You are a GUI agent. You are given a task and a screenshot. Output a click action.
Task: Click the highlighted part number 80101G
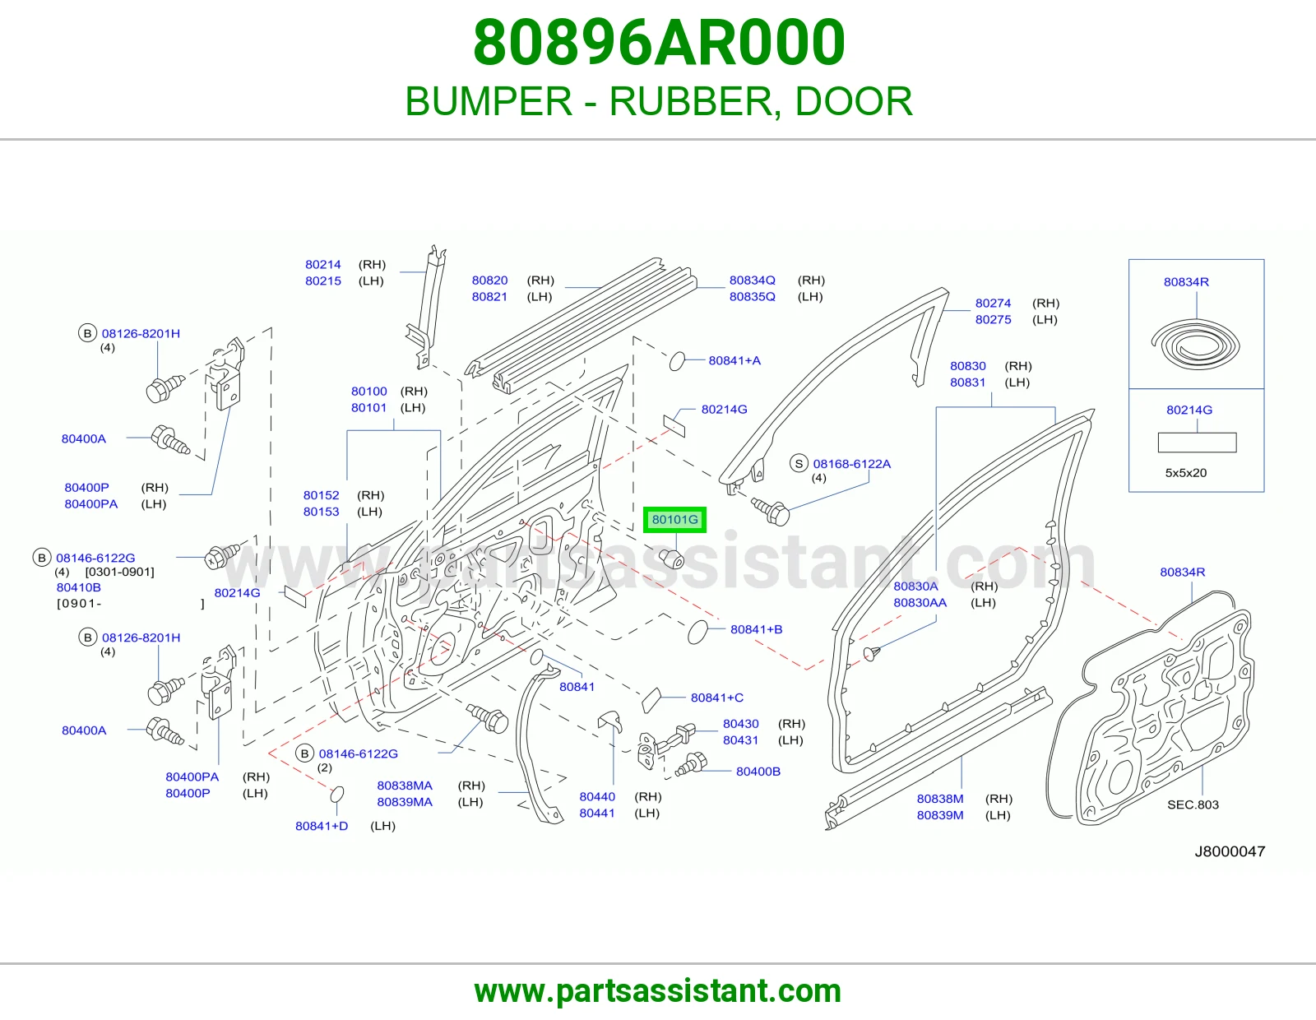[674, 520]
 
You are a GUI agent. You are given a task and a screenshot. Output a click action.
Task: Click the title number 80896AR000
[658, 43]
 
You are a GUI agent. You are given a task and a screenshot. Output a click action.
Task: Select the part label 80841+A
[734, 360]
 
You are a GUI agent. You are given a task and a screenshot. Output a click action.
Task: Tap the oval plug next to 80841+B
[697, 632]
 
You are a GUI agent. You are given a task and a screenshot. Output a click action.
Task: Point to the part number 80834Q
[752, 280]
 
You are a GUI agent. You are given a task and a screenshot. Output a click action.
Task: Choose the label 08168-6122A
[851, 464]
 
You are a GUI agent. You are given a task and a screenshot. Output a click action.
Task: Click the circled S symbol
[799, 464]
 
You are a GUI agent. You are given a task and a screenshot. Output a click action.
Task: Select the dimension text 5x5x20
[1186, 472]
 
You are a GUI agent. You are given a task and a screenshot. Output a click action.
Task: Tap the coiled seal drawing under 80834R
[1195, 345]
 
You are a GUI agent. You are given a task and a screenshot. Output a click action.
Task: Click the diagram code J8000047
[1230, 851]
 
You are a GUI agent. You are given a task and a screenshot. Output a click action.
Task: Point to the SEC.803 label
[1193, 804]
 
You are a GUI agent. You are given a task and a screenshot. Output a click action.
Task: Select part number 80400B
[758, 771]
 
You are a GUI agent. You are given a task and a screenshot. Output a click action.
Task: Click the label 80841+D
[322, 826]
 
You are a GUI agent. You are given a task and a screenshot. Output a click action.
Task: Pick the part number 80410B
[79, 587]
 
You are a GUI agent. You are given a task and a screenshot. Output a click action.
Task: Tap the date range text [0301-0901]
[120, 572]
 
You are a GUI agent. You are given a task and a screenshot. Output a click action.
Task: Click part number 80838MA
[405, 785]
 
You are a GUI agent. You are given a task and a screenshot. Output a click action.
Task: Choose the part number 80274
[994, 303]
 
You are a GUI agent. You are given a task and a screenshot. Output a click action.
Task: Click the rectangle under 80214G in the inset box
[1198, 443]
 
